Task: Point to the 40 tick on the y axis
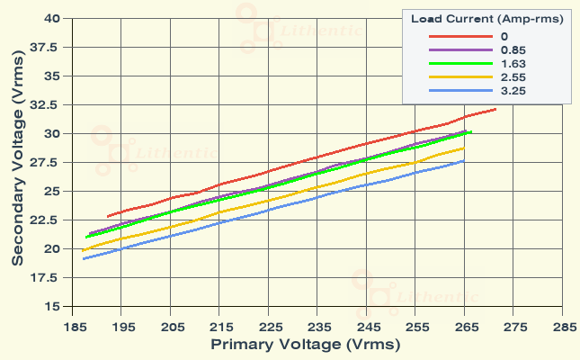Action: tap(51, 18)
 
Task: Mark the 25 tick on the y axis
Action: tap(51, 192)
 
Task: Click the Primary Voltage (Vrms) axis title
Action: tap(305, 345)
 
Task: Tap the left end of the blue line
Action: tap(83, 259)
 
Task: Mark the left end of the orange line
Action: tap(82, 250)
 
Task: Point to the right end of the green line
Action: tap(471, 132)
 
